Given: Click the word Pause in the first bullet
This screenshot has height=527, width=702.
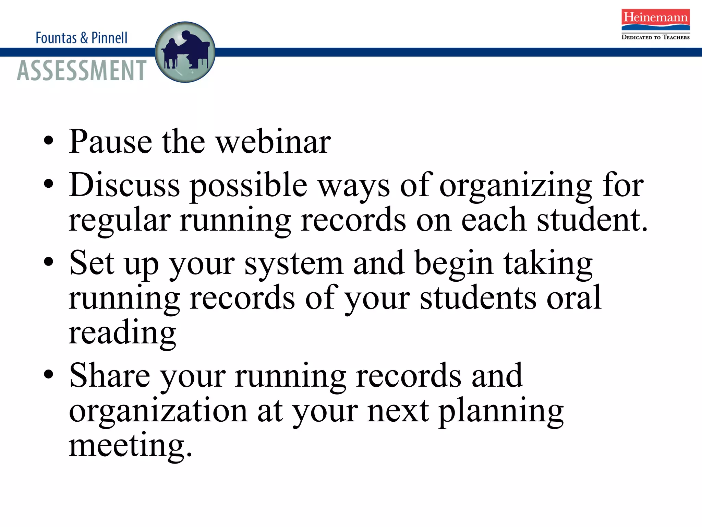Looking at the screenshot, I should tap(110, 141).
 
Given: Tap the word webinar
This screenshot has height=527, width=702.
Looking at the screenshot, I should tap(274, 141).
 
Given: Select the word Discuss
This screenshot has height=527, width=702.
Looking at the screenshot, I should tap(124, 185).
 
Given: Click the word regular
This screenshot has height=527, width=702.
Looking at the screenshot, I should tap(120, 221).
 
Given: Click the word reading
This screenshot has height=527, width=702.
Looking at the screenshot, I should tap(122, 333).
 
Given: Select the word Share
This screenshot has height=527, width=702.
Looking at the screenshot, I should tap(110, 375).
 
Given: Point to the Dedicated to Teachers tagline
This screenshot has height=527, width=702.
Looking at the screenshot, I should tap(655, 37).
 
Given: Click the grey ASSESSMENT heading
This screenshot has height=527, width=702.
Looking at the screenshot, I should tap(82, 70).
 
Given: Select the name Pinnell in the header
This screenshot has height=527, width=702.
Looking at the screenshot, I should tap(109, 38).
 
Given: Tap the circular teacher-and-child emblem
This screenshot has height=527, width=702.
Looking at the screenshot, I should tap(185, 52).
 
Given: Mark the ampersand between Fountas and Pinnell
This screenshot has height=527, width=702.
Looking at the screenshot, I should tap(84, 38).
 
